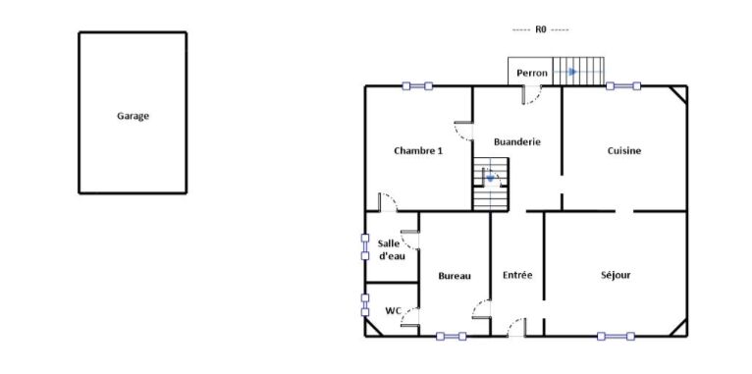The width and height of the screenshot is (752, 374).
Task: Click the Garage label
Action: [133, 116]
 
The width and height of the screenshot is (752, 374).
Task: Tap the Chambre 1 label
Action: [418, 150]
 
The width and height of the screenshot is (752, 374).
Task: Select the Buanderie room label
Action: [517, 142]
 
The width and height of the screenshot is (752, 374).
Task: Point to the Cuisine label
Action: [624, 150]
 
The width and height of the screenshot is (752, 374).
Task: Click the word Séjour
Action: [616, 275]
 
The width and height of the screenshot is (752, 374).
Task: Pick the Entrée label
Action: [517, 275]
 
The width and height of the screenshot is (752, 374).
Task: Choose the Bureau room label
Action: [455, 276]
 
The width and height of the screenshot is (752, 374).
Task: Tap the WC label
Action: [394, 311]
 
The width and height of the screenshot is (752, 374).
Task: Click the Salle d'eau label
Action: [392, 249]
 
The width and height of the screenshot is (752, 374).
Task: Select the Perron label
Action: [532, 74]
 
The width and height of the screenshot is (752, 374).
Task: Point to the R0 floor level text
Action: [541, 29]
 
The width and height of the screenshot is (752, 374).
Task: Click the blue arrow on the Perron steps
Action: [571, 72]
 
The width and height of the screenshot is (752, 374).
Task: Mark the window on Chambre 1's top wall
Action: [417, 86]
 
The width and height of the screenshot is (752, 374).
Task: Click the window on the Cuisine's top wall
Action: [623, 86]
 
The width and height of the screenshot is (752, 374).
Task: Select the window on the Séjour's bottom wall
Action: [616, 336]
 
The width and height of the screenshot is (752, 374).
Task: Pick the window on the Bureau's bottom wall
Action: [452, 336]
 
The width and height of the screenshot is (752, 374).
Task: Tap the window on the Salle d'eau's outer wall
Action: [365, 246]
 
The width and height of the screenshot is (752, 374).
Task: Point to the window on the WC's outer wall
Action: [365, 305]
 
